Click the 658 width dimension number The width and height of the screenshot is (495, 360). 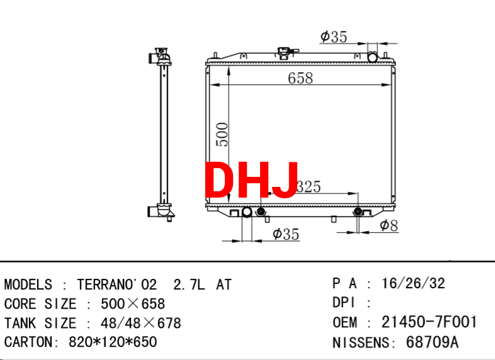300,78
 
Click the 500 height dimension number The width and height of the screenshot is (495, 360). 222,135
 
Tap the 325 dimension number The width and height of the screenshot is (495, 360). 309,186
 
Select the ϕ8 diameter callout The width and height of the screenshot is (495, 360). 389,225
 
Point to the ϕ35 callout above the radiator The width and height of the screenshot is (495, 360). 334,37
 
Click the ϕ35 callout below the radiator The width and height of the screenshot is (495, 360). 286,234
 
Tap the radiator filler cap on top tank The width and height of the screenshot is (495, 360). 286,53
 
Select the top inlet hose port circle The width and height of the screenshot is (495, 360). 373,57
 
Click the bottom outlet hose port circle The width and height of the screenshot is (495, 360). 247,211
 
